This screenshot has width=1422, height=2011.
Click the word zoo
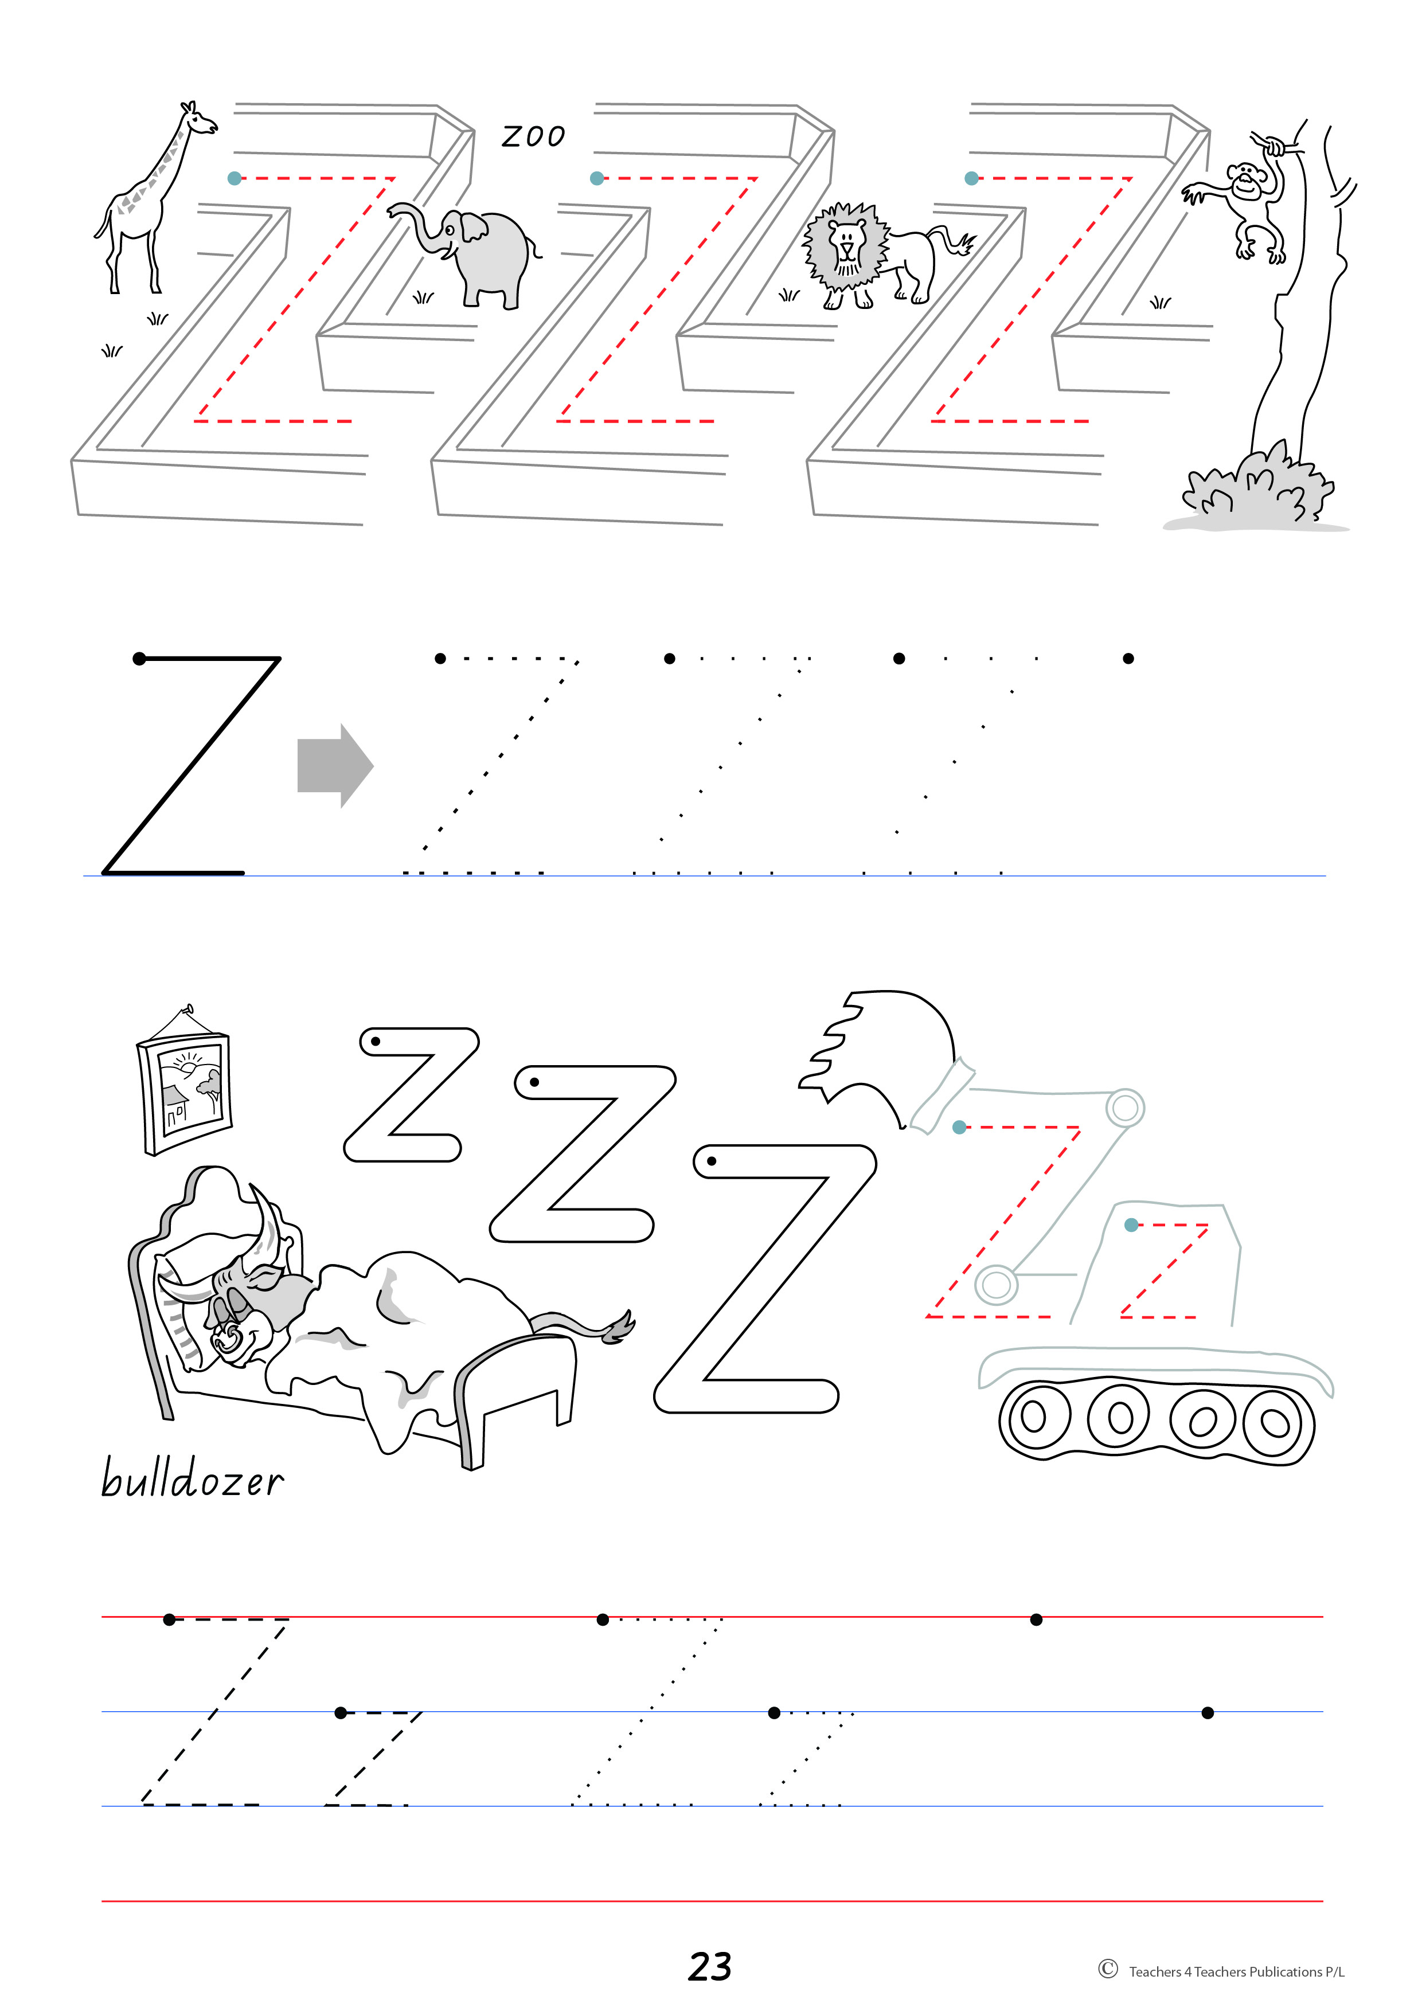pyautogui.click(x=533, y=136)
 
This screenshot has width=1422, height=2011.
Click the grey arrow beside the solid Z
pyautogui.click(x=335, y=765)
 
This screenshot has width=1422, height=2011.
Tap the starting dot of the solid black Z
pyautogui.click(x=139, y=659)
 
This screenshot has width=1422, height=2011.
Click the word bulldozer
pyautogui.click(x=192, y=1478)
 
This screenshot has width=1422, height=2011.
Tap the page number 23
pyautogui.click(x=710, y=1966)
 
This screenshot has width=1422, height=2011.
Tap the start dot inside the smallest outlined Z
pyautogui.click(x=376, y=1042)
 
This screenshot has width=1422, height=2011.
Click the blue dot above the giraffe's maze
pyautogui.click(x=234, y=178)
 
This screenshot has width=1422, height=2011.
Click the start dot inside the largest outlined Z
pyautogui.click(x=712, y=1161)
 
